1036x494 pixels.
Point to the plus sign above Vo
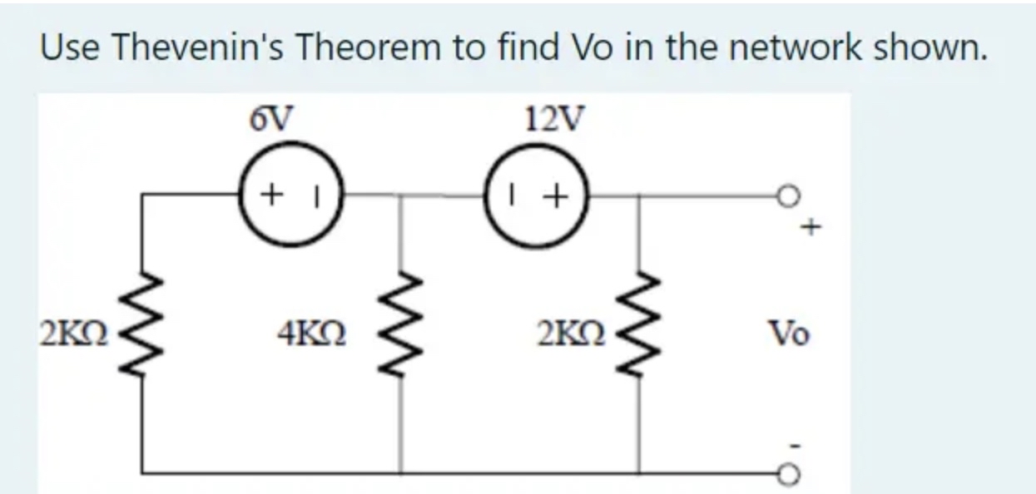click(x=814, y=225)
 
